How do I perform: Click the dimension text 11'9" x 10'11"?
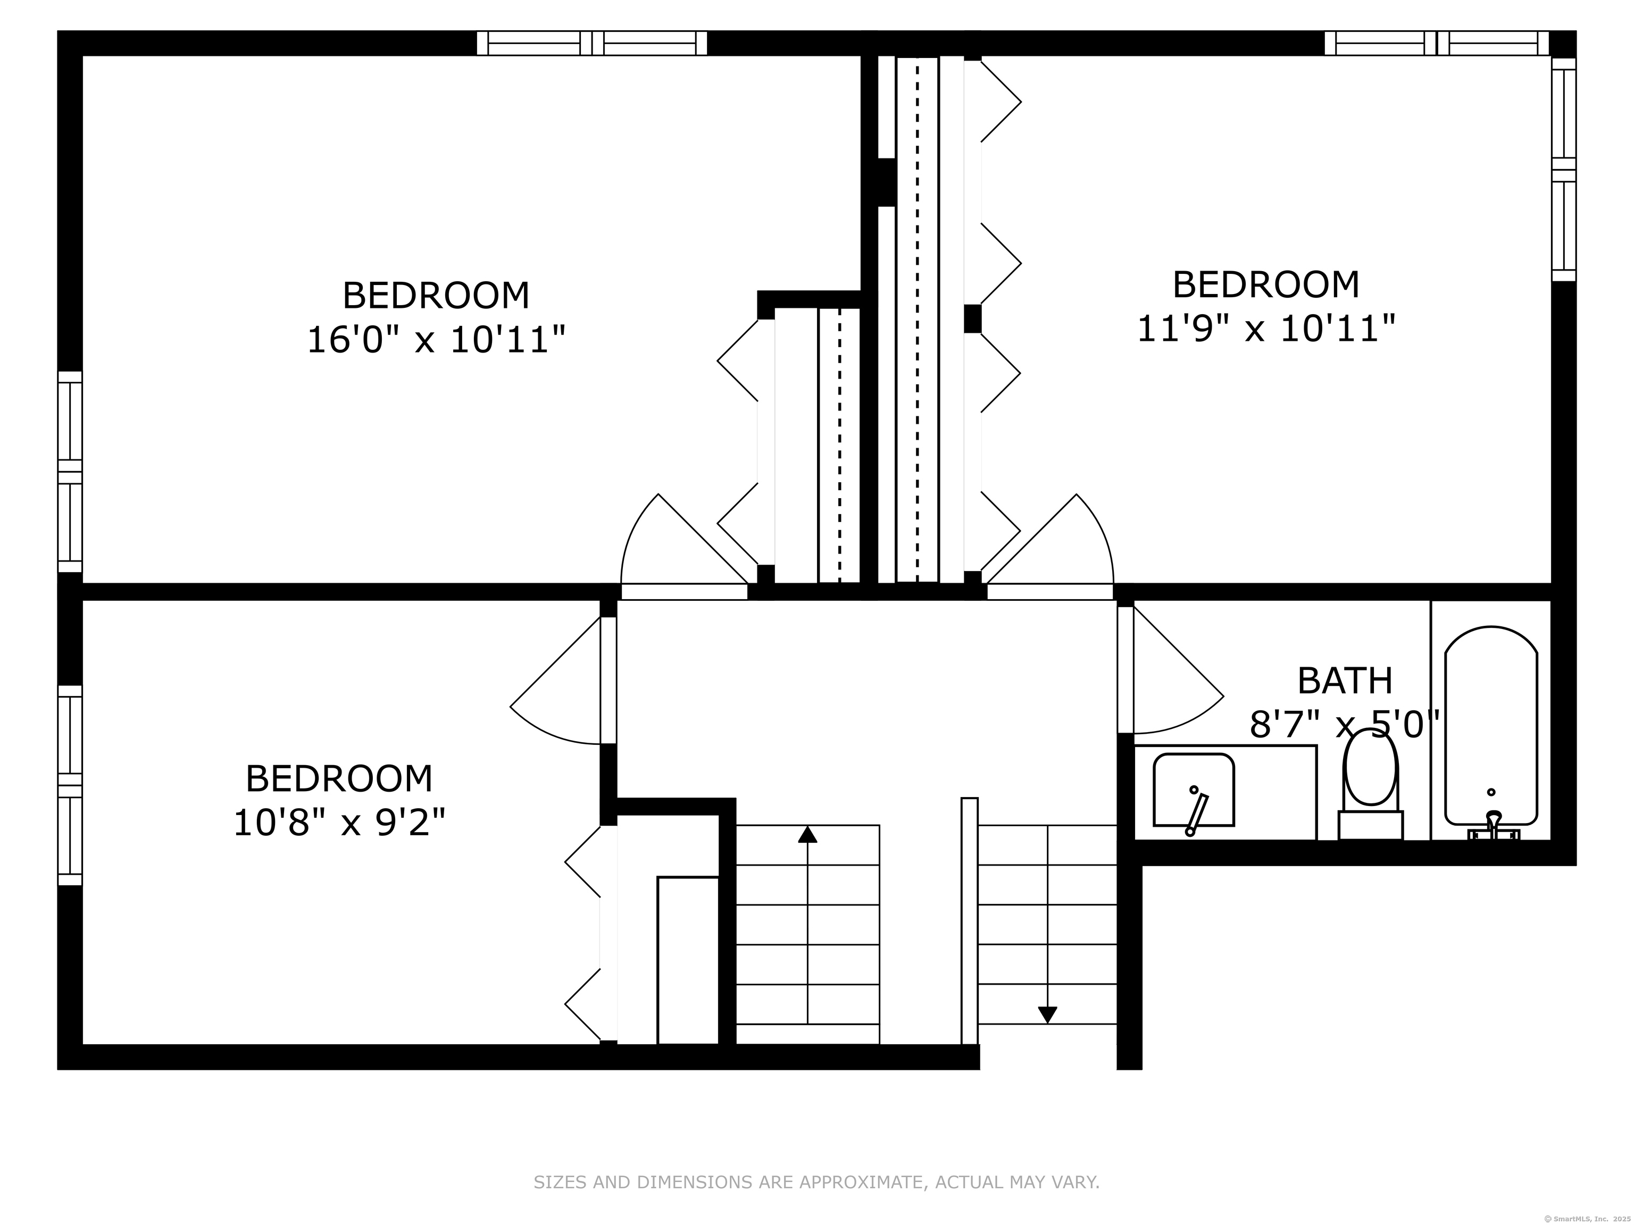pyautogui.click(x=1266, y=329)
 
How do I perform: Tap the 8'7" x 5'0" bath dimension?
pyautogui.click(x=1345, y=724)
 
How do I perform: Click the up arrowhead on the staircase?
pyautogui.click(x=807, y=834)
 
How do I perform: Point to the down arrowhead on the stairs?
pyautogui.click(x=1047, y=1016)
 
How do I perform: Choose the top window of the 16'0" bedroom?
pyautogui.click(x=591, y=43)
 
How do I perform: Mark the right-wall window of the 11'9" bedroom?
pyautogui.click(x=1564, y=169)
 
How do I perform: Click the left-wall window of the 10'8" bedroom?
pyautogui.click(x=70, y=785)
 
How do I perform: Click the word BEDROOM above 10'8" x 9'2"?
pyautogui.click(x=339, y=778)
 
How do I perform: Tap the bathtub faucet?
pyautogui.click(x=1494, y=826)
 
